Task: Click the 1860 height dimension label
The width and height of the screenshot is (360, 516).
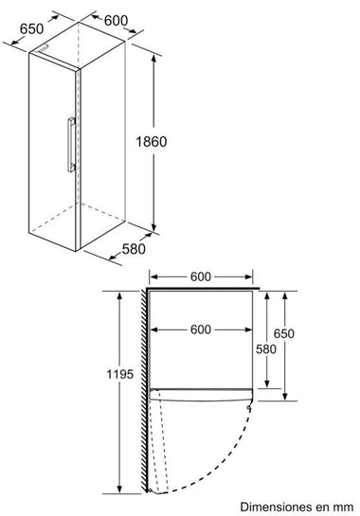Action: click(x=152, y=141)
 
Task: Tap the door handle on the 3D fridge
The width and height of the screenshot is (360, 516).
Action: click(x=71, y=145)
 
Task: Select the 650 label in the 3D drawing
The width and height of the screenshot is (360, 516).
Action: click(x=31, y=28)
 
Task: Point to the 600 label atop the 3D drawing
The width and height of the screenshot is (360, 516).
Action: click(x=116, y=21)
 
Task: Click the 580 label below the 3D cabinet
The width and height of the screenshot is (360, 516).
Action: click(x=134, y=249)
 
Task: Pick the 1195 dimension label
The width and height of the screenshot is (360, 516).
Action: click(x=120, y=374)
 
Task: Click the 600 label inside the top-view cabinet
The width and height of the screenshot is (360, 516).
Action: click(x=201, y=329)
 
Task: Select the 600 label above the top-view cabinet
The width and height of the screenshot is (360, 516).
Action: click(x=201, y=276)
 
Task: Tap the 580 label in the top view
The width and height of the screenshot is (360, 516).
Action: click(x=266, y=349)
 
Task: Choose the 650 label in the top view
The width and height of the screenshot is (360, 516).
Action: click(x=284, y=333)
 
